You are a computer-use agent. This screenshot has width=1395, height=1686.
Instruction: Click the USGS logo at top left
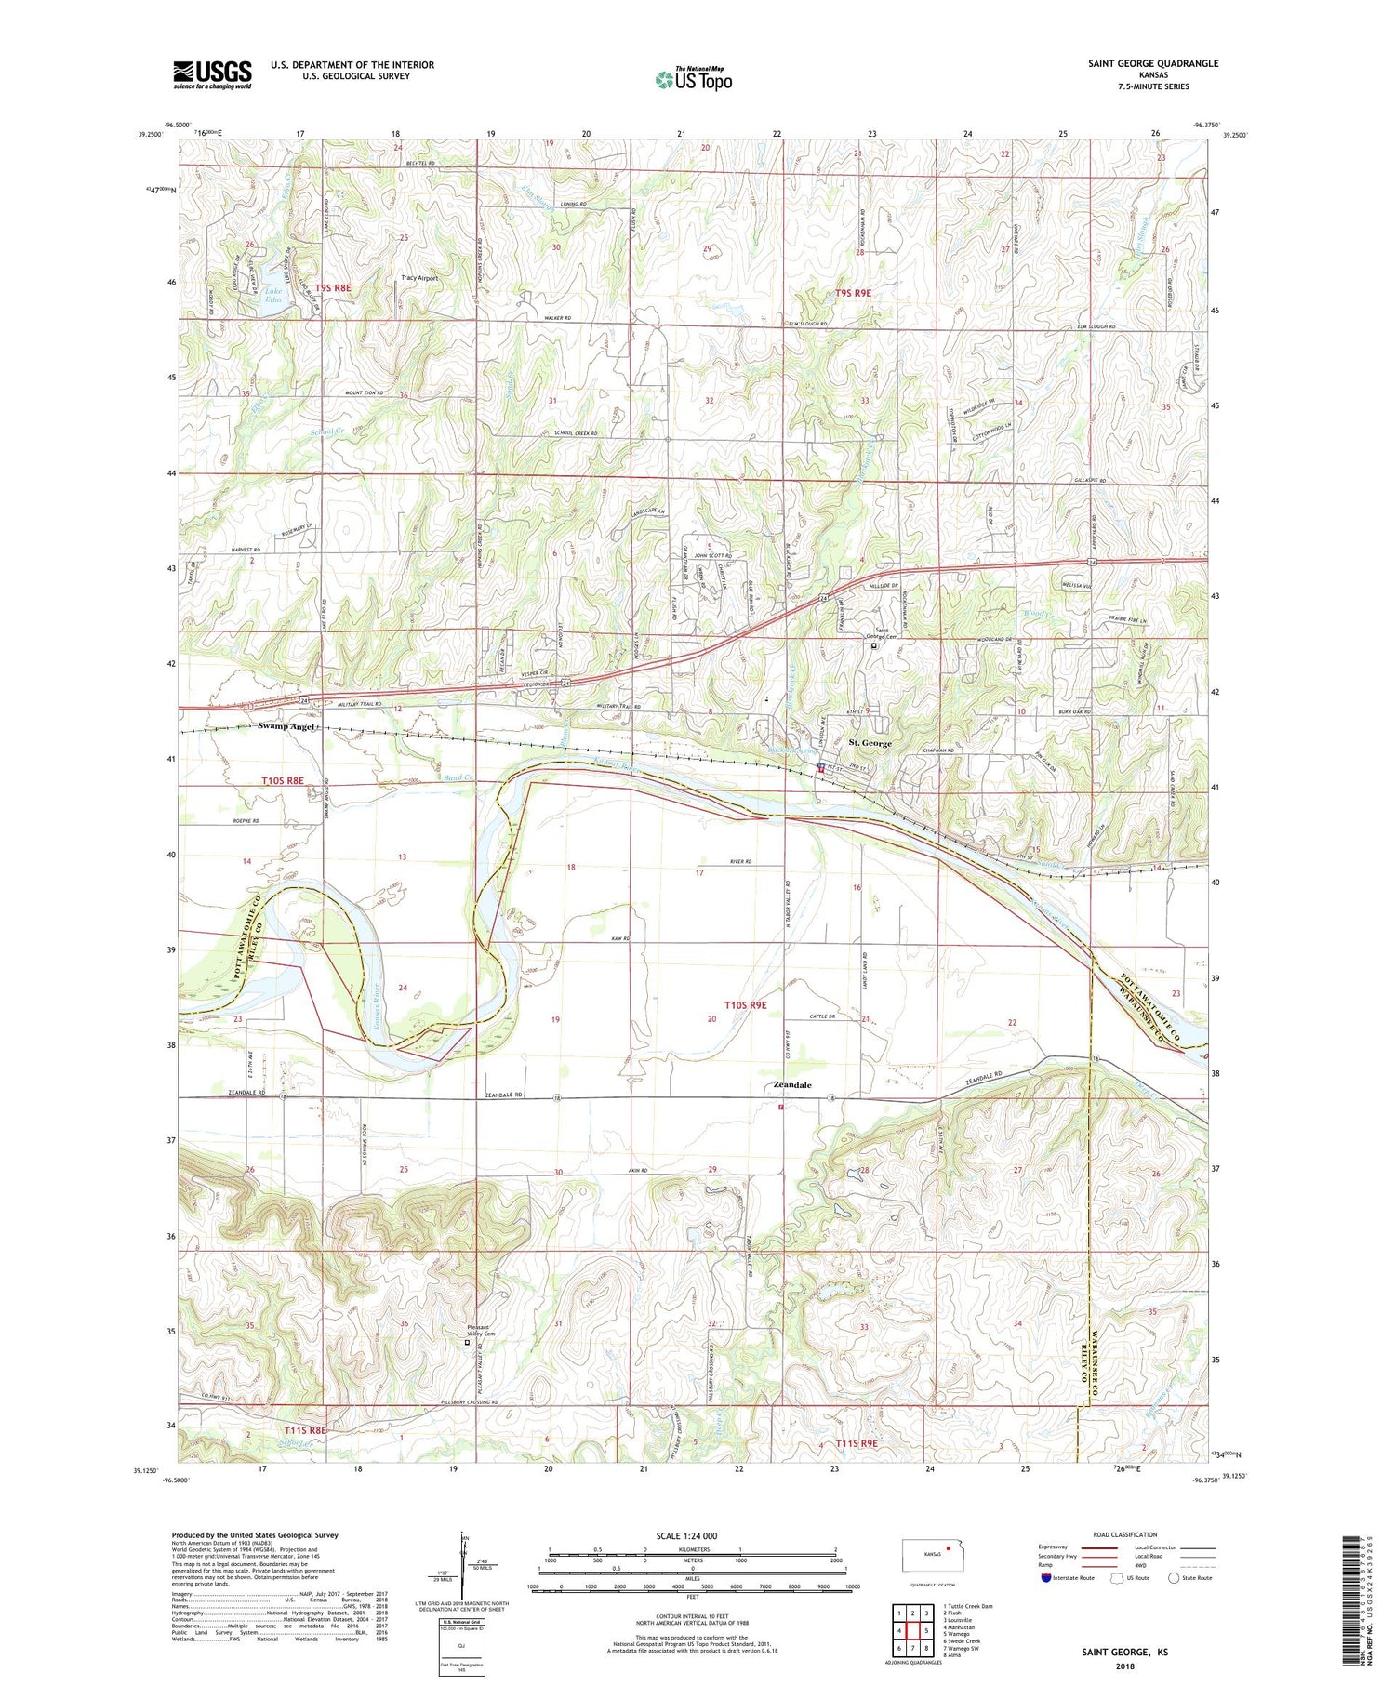212,74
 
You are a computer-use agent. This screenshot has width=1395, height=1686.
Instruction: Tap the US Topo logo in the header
693,79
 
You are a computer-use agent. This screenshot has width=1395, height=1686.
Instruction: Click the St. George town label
870,743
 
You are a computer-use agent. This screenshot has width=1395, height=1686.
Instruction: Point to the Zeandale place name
792,1085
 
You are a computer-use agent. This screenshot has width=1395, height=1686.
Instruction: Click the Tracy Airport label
418,278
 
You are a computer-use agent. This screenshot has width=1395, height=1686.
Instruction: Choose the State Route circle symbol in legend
1175,1577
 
